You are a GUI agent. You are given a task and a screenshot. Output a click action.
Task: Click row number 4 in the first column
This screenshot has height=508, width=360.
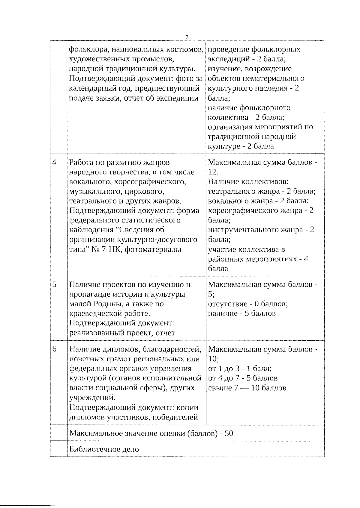click(x=54, y=162)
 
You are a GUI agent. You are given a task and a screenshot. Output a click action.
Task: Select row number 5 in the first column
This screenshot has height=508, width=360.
click(x=54, y=284)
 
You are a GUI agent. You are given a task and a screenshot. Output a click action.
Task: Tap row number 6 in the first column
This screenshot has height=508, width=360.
click(x=54, y=349)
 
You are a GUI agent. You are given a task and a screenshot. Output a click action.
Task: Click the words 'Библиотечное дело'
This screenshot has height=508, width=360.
click(x=104, y=449)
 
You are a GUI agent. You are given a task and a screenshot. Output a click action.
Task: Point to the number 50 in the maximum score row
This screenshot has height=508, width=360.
click(x=229, y=433)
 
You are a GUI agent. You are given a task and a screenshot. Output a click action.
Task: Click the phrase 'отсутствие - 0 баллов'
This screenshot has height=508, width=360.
click(x=248, y=304)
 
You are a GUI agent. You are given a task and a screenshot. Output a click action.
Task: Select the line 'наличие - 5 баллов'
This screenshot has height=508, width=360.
click(x=242, y=313)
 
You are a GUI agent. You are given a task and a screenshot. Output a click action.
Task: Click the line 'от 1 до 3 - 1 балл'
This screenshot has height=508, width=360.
click(x=240, y=369)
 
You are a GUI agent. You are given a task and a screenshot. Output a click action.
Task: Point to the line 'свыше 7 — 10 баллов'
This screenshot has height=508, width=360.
click(x=247, y=388)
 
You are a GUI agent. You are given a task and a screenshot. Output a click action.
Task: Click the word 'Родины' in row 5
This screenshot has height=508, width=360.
click(x=106, y=304)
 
